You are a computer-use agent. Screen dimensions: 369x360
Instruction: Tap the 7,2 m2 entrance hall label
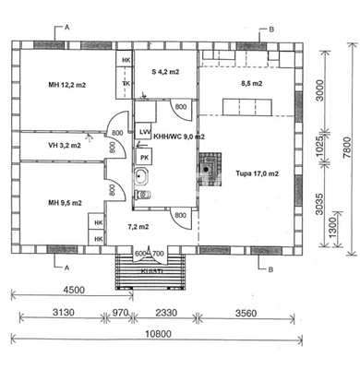[x=139, y=225]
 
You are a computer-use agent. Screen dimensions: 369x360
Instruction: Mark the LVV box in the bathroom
[x=145, y=133]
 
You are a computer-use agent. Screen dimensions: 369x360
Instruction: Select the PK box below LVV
[x=145, y=158]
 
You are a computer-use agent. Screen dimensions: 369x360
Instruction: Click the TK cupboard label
[x=126, y=82]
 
